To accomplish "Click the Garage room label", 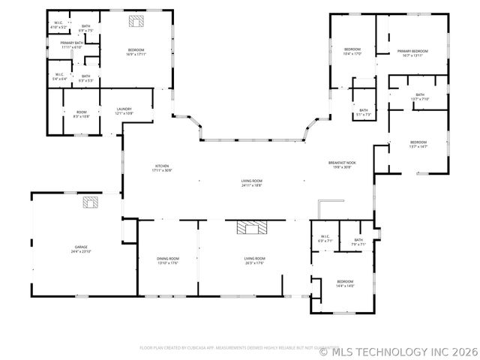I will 81,246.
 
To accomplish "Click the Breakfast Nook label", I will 341,162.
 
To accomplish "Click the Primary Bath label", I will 71,43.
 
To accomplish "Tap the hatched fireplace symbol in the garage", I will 91,202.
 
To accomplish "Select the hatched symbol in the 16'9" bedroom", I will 136,22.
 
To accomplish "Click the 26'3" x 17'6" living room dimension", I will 254,263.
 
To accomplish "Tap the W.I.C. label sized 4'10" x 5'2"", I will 58,23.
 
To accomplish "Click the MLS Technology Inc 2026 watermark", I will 408,350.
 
